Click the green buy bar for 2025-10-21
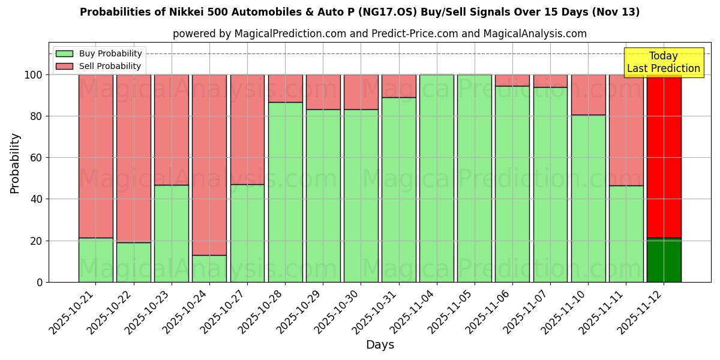95,260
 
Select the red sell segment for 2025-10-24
209,165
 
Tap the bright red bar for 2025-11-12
664,156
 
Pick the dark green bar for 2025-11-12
664,260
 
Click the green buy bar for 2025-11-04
437,178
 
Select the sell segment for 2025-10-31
399,86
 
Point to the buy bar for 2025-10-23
172,233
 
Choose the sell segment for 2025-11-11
626,130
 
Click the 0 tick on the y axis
40,282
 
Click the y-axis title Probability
15,163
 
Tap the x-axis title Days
380,345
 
